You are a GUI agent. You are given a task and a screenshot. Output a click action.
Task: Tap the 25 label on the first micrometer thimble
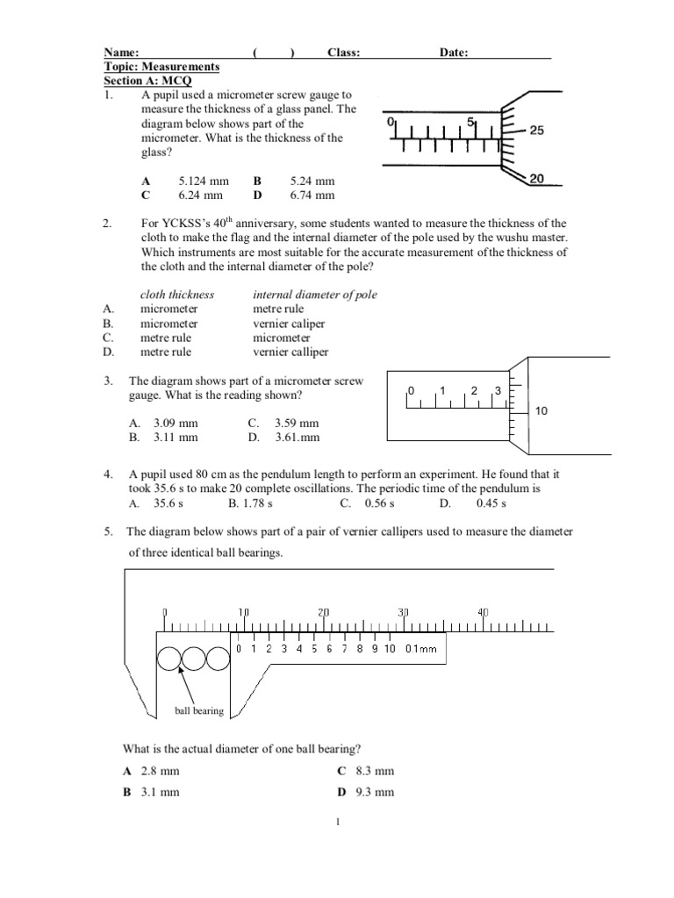tap(536, 130)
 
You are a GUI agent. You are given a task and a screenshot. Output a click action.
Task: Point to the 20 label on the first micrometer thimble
tap(536, 179)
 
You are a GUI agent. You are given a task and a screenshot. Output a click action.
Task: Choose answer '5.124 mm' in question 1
tap(203, 182)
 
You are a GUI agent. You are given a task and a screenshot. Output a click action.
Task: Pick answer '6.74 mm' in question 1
tap(312, 196)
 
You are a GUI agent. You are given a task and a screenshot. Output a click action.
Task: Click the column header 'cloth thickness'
tap(177, 295)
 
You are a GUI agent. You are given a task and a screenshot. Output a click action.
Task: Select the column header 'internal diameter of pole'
tap(315, 295)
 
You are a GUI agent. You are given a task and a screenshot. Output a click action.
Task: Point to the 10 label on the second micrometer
tap(541, 410)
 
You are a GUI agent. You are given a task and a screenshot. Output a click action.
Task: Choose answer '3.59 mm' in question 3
tap(298, 423)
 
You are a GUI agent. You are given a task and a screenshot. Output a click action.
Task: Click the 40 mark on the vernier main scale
tap(483, 612)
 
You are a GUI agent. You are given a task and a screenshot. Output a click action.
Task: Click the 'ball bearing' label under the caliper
tap(199, 710)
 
